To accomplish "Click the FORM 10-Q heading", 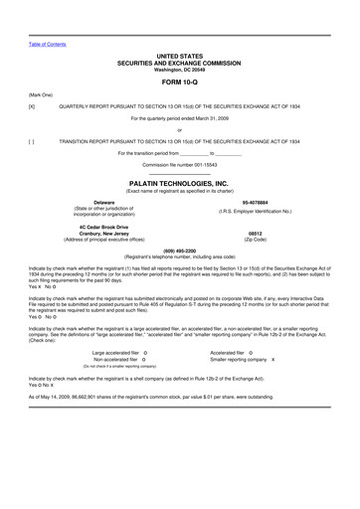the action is [x=180, y=82].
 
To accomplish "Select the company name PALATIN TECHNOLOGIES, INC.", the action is [x=180, y=183].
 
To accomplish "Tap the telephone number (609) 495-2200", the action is [x=180, y=251].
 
